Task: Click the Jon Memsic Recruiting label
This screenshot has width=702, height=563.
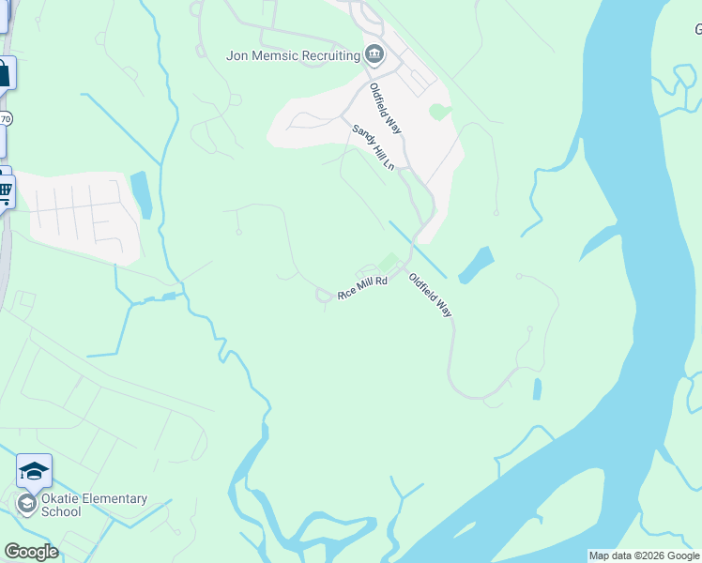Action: (x=293, y=55)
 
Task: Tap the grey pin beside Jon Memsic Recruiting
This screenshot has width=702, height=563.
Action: (x=375, y=54)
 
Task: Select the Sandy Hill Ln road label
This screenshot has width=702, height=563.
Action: (x=373, y=147)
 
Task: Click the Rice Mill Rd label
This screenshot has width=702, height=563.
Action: (x=362, y=288)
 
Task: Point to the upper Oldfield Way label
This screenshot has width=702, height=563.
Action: (x=385, y=109)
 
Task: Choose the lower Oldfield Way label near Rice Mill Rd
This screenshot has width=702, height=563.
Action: (x=430, y=295)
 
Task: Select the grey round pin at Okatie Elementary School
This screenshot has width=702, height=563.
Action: (x=26, y=505)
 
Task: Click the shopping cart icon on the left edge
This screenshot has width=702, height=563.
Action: (x=5, y=191)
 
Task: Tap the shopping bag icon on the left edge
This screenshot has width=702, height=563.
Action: (x=5, y=73)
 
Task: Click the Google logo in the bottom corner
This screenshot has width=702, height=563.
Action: (x=31, y=552)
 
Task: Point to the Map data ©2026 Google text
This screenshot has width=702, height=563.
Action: (x=644, y=555)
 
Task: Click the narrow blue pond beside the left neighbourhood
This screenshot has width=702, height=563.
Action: (x=142, y=194)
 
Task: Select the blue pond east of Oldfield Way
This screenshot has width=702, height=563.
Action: (x=477, y=264)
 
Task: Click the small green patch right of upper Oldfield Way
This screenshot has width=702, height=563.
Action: (x=437, y=113)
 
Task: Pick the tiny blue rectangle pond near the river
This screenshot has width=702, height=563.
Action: (x=537, y=388)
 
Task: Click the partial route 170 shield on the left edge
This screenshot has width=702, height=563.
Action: (x=6, y=119)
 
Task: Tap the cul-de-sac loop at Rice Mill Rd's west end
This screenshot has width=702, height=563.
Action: (x=323, y=297)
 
